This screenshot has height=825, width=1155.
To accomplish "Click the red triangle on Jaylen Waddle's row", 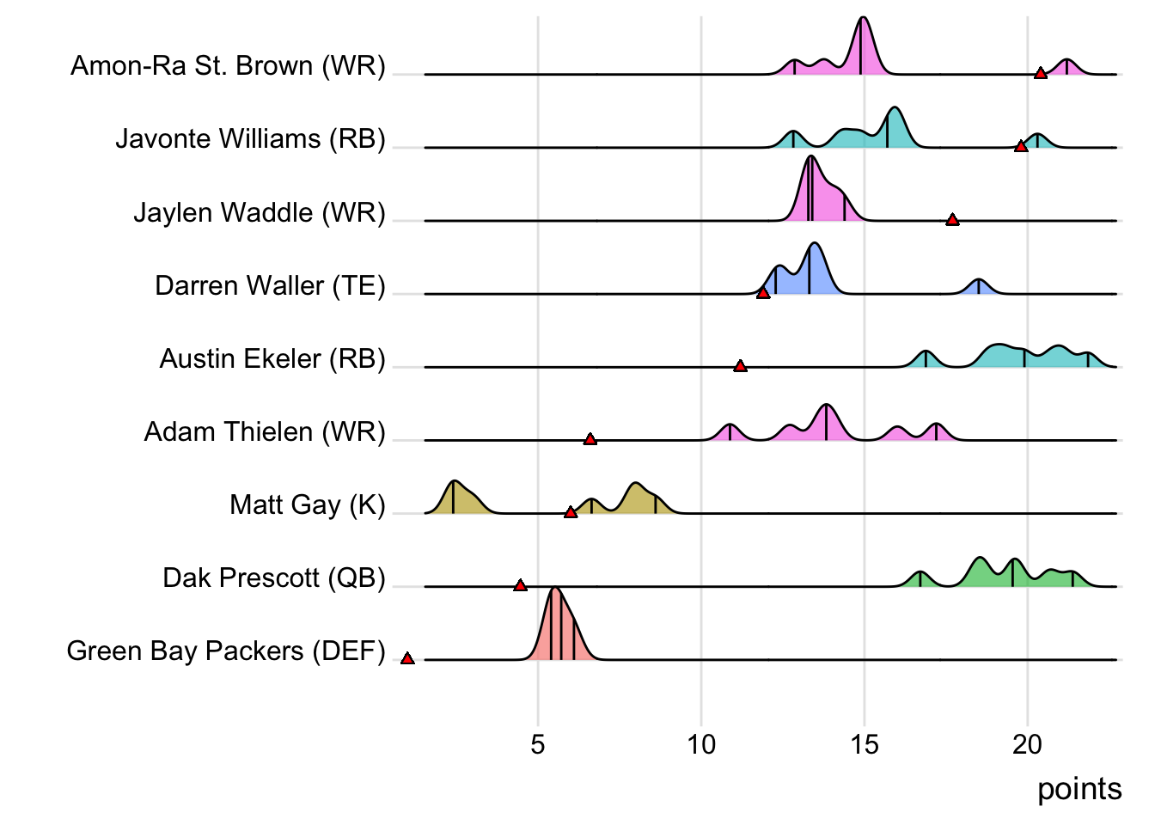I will tap(952, 220).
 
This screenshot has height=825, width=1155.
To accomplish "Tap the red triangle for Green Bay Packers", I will tap(407, 658).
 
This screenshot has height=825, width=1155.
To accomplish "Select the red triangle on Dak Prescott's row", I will tap(520, 585).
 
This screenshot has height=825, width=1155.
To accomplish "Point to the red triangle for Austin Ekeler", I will tap(740, 366).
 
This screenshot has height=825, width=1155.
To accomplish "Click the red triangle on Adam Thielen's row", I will tap(590, 439).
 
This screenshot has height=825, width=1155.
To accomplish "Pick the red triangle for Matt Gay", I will tap(571, 512).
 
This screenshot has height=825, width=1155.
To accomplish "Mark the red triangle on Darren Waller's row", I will tap(763, 293).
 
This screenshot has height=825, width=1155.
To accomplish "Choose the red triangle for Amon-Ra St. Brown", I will tap(1041, 74).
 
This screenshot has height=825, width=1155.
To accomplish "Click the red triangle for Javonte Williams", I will tap(1021, 147).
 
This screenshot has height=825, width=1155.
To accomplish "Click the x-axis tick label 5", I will tap(538, 744).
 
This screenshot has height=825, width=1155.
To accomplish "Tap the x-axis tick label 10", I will tap(701, 744).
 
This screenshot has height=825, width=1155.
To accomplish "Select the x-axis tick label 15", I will tap(865, 744).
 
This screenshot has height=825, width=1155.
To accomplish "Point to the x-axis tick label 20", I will tap(1028, 744).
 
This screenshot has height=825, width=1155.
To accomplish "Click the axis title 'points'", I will tap(1079, 789).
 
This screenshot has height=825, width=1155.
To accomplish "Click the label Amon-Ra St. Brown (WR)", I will tap(228, 65).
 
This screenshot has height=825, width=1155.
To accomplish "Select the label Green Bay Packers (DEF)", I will tap(226, 651).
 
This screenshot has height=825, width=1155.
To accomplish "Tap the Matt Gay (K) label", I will tap(308, 504).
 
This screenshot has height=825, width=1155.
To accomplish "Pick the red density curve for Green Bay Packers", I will tap(557, 627).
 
